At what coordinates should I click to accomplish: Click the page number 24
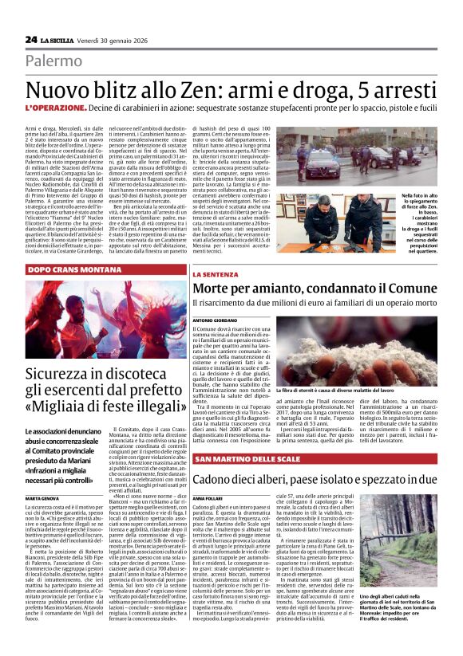coord(32,40)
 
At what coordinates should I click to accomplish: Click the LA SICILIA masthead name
coord(58,40)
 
